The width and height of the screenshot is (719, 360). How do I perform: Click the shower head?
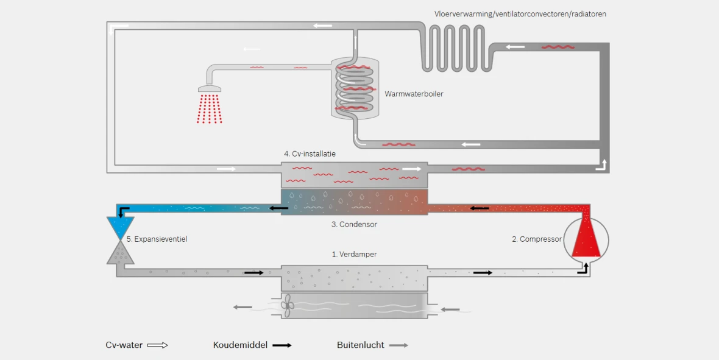tap(210, 89)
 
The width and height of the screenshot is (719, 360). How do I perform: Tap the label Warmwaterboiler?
tap(414, 94)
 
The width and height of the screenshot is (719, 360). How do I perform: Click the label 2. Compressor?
tap(536, 239)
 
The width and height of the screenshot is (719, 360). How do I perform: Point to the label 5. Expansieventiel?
tap(157, 239)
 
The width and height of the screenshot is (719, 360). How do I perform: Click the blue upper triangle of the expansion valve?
tap(120, 226)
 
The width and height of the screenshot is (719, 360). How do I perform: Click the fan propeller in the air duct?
tap(288, 306)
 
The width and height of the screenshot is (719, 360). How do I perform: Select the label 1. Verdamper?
tap(354, 254)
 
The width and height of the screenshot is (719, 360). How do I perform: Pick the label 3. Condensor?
tap(354, 224)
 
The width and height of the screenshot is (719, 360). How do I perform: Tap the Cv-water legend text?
tap(124, 345)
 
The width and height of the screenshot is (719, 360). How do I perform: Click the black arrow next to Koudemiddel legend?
tap(282, 345)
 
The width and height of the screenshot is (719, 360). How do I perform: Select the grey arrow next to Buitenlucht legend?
tap(398, 345)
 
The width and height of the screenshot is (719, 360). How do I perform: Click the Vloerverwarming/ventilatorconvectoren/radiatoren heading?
tap(520, 13)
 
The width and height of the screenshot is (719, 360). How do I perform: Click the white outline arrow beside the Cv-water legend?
tap(157, 345)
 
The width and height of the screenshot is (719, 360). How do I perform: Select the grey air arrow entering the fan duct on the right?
tap(450, 309)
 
